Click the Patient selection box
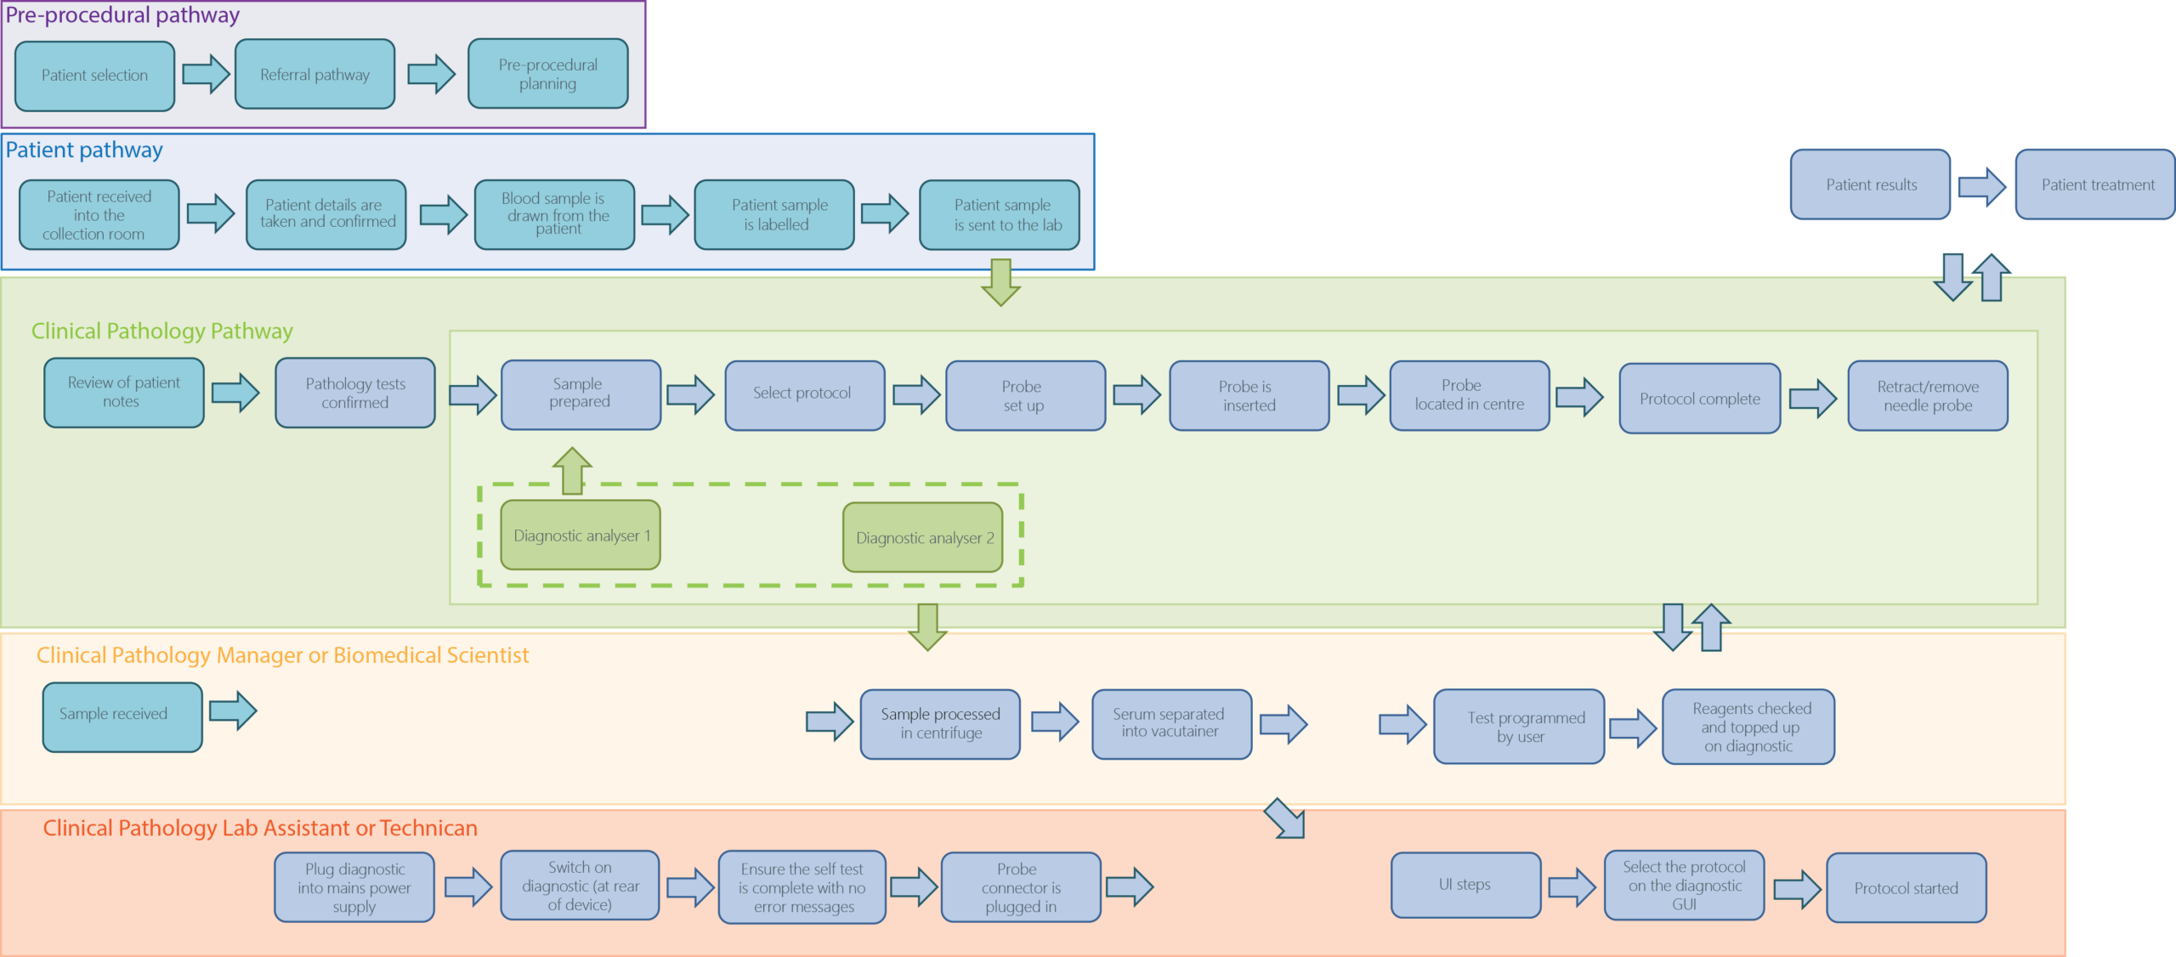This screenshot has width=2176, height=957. tap(94, 76)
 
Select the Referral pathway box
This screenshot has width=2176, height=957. tap(314, 74)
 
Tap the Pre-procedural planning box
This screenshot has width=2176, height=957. tap(548, 74)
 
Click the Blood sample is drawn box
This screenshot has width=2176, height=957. tap(554, 214)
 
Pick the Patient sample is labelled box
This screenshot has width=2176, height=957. tap(774, 214)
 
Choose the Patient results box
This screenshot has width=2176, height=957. tap(1870, 184)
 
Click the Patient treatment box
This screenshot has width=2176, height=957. tap(2095, 184)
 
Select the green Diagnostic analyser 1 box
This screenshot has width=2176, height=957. tap(581, 535)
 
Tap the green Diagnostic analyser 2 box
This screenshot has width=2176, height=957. tap(923, 537)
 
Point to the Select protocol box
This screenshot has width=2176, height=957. tap(805, 395)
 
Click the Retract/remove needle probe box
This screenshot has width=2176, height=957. tap(1928, 395)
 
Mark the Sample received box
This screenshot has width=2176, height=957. tap(122, 717)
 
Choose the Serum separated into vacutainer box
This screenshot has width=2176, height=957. tap(1172, 724)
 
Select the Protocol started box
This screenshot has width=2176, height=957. tap(1907, 887)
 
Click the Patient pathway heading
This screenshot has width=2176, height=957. tap(84, 150)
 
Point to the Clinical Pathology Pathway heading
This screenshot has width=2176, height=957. tap(162, 331)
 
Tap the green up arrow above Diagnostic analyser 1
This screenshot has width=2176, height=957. tap(572, 471)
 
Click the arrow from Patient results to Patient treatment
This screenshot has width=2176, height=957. tap(1982, 186)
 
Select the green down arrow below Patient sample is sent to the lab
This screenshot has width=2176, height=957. tap(1001, 282)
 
